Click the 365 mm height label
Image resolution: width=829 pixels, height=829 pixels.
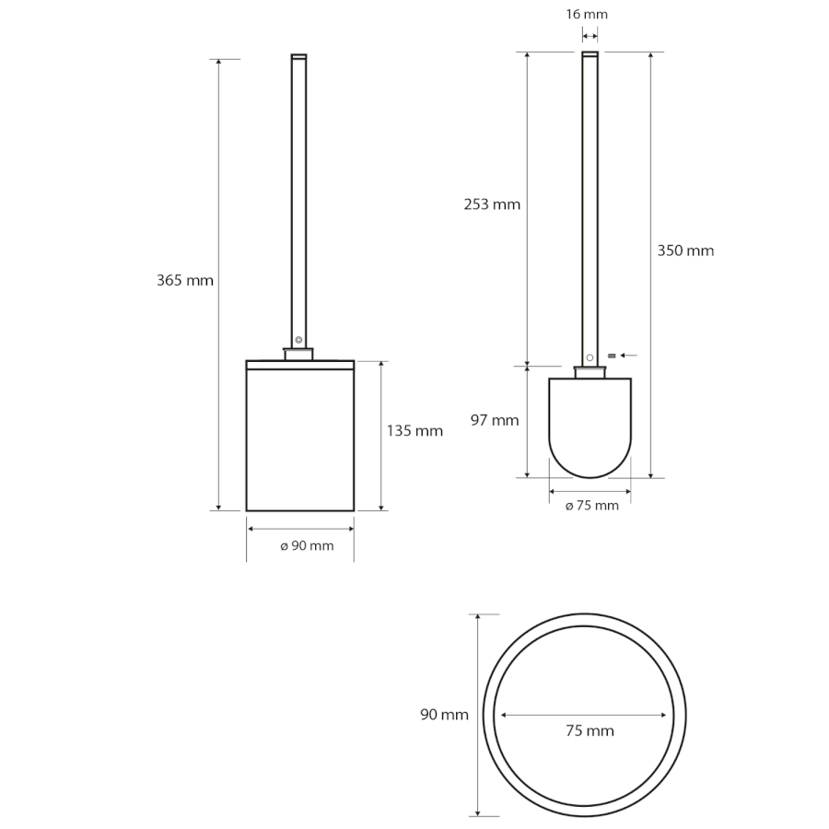click(185, 280)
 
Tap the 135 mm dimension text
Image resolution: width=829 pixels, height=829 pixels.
click(414, 431)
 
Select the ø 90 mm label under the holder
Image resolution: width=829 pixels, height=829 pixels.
click(307, 545)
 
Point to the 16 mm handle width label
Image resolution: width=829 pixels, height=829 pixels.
click(587, 14)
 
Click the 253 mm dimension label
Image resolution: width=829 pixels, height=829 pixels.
click(492, 204)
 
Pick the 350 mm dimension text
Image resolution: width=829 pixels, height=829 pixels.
click(685, 251)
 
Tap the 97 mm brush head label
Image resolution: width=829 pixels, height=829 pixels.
click(495, 420)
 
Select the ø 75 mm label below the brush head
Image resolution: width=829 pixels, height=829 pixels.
click(592, 506)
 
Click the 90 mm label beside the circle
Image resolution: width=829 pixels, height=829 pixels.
click(444, 715)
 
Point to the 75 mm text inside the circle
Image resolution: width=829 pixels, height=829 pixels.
click(590, 731)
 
